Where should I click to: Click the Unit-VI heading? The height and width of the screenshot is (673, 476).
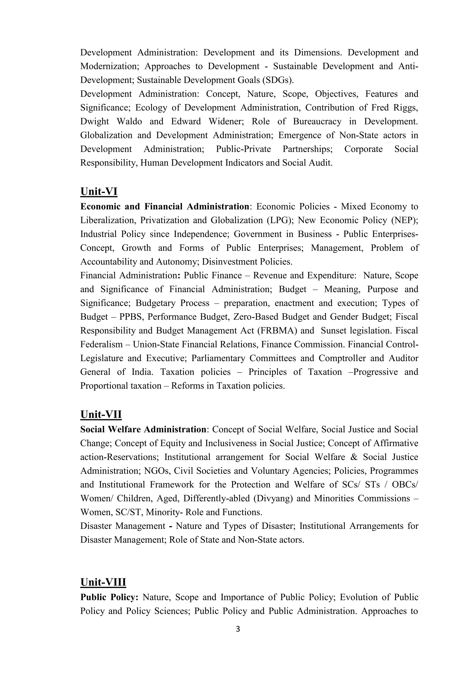pos(99,192)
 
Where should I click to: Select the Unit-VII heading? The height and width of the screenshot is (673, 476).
pos(101,415)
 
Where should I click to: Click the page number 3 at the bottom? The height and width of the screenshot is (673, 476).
pos(238,629)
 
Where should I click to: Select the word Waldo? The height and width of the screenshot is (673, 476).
pos(129,121)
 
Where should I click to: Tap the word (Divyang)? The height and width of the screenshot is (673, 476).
pos(274,498)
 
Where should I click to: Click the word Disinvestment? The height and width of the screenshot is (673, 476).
pos(229,261)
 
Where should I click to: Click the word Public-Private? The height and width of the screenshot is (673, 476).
pos(243,149)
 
